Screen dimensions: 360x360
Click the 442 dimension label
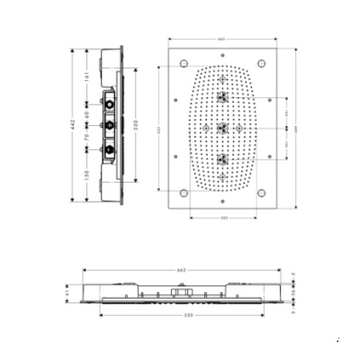(x=73, y=125)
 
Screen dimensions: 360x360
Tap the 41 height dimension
(x=67, y=293)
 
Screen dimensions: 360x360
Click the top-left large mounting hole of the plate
(x=183, y=64)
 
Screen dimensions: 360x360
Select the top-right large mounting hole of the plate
(x=262, y=64)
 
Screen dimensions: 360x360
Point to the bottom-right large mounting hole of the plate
(x=262, y=193)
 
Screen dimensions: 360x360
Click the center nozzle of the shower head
(x=222, y=128)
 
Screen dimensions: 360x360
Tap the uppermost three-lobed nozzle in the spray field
(x=222, y=97)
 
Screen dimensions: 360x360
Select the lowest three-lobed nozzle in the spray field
(x=222, y=159)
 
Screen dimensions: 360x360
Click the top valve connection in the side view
(x=109, y=104)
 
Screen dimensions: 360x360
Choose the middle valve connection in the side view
(x=109, y=125)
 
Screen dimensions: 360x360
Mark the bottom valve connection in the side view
(x=109, y=150)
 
